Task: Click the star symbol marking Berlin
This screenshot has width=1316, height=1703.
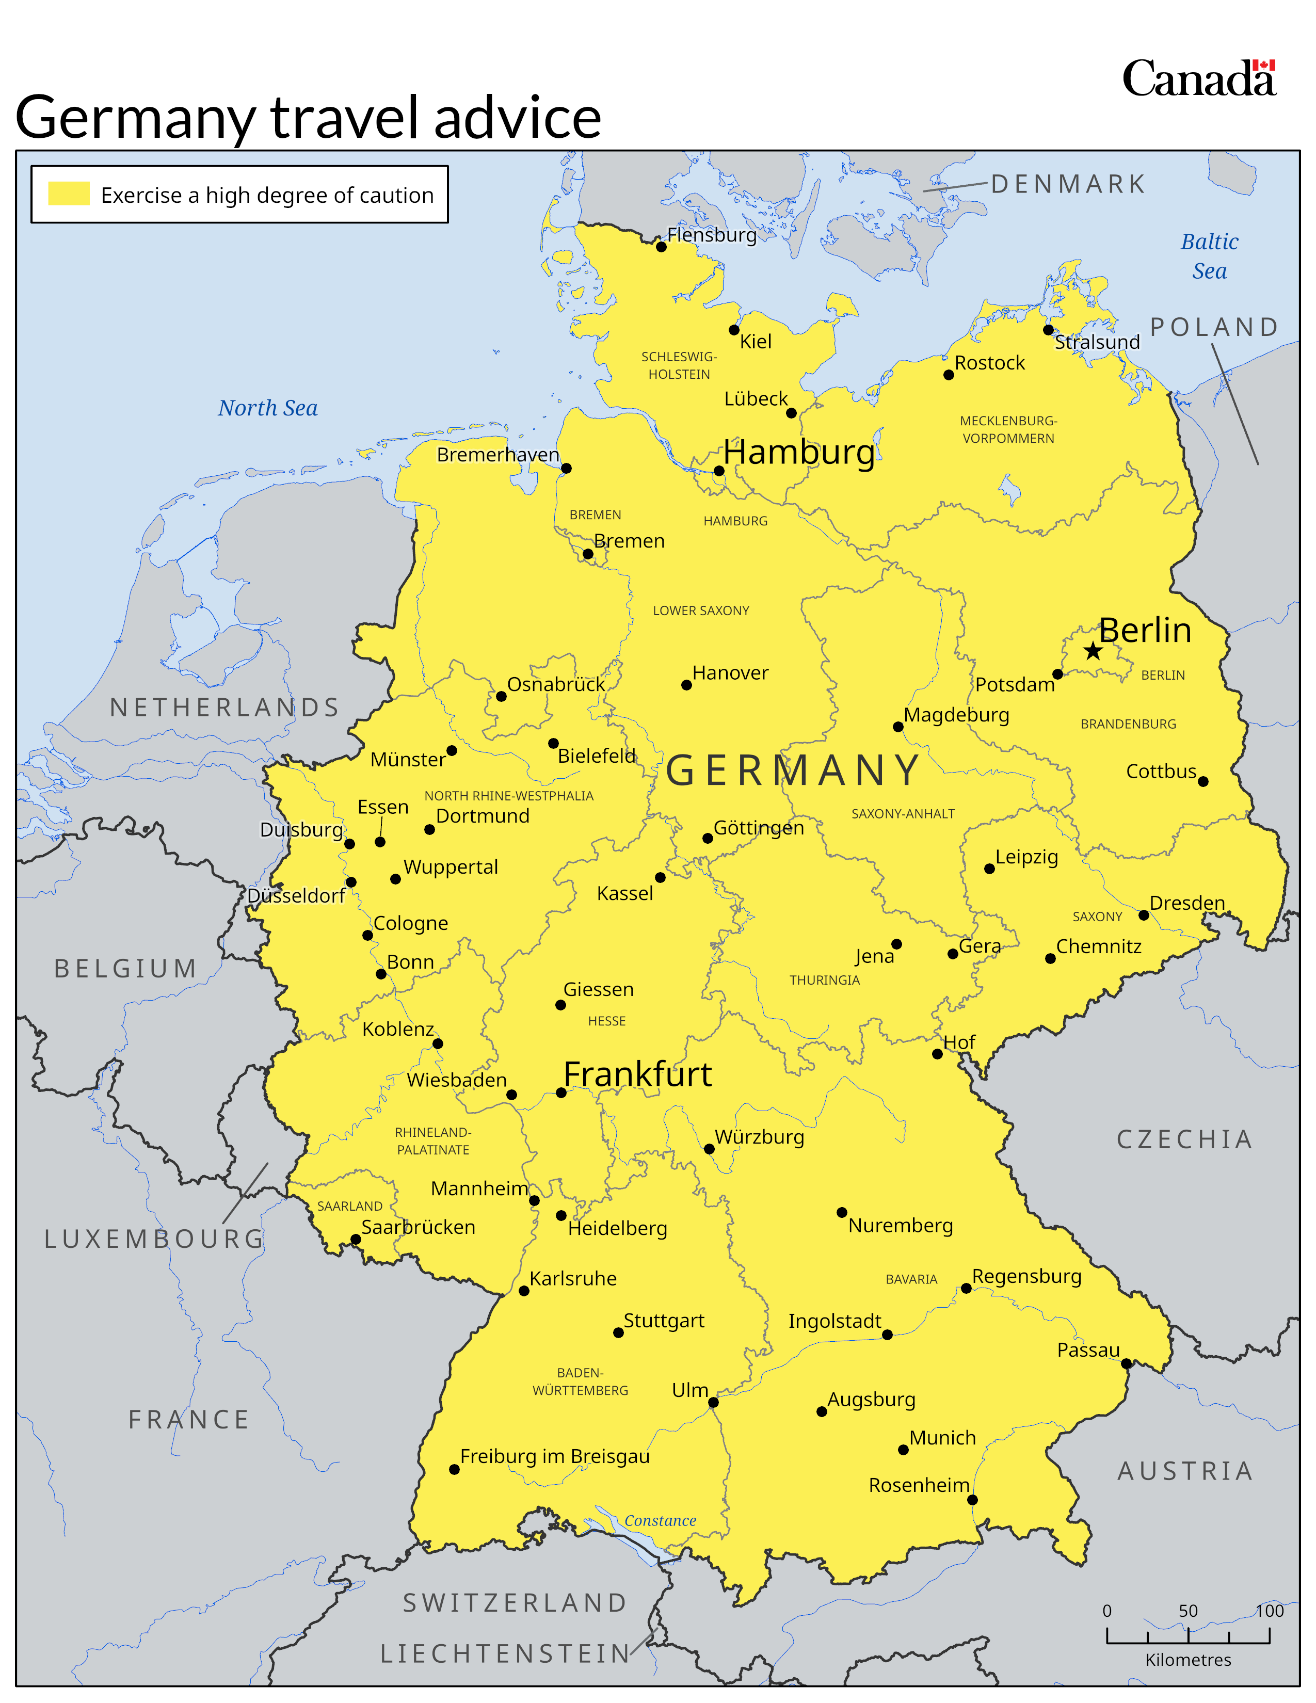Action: (1093, 651)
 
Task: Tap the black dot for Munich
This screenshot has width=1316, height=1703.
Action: (903, 1450)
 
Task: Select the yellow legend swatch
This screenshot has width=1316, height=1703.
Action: (69, 194)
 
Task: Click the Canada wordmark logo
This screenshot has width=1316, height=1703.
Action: (1198, 79)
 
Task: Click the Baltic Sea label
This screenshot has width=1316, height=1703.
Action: (1209, 256)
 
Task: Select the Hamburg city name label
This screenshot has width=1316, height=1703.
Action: (798, 452)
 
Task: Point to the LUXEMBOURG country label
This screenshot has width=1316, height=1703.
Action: (154, 1238)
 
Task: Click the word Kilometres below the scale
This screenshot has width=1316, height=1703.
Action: (1187, 1659)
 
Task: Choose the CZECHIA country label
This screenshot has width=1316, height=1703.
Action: (1184, 1139)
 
